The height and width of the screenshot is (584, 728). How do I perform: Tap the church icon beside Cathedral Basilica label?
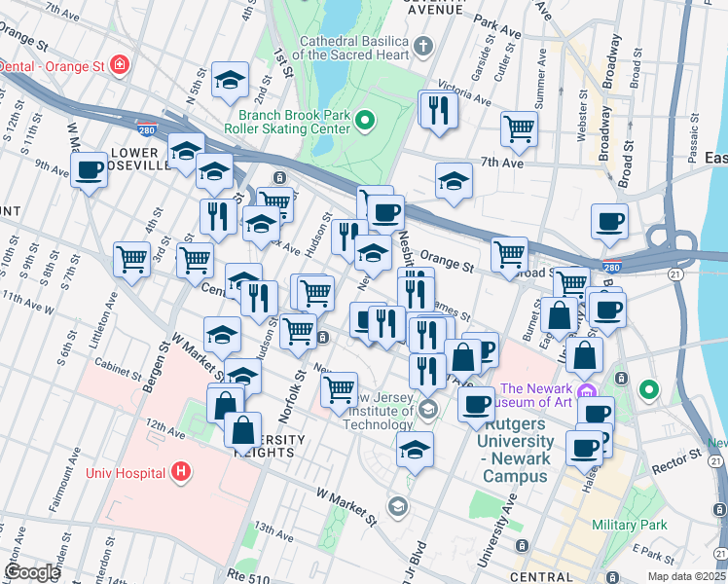click(423, 45)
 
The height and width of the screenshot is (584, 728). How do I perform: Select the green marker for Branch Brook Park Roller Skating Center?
click(365, 121)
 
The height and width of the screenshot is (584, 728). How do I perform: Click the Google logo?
click(32, 572)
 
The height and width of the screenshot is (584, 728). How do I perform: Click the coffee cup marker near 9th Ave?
click(91, 169)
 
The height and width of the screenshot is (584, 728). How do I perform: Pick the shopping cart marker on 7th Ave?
click(520, 128)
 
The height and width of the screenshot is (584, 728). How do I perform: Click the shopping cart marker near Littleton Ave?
click(132, 259)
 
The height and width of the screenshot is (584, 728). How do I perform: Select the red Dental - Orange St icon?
click(119, 65)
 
